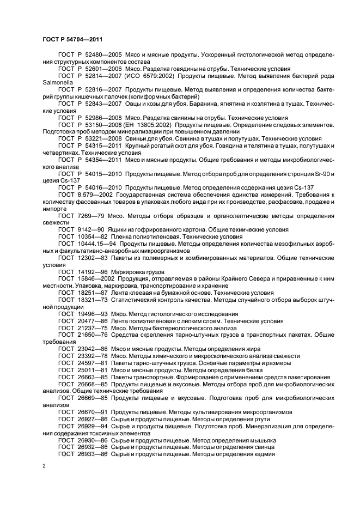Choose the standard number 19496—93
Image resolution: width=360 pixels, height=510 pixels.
[93, 314]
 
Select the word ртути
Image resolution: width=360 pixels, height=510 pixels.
[251, 418]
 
